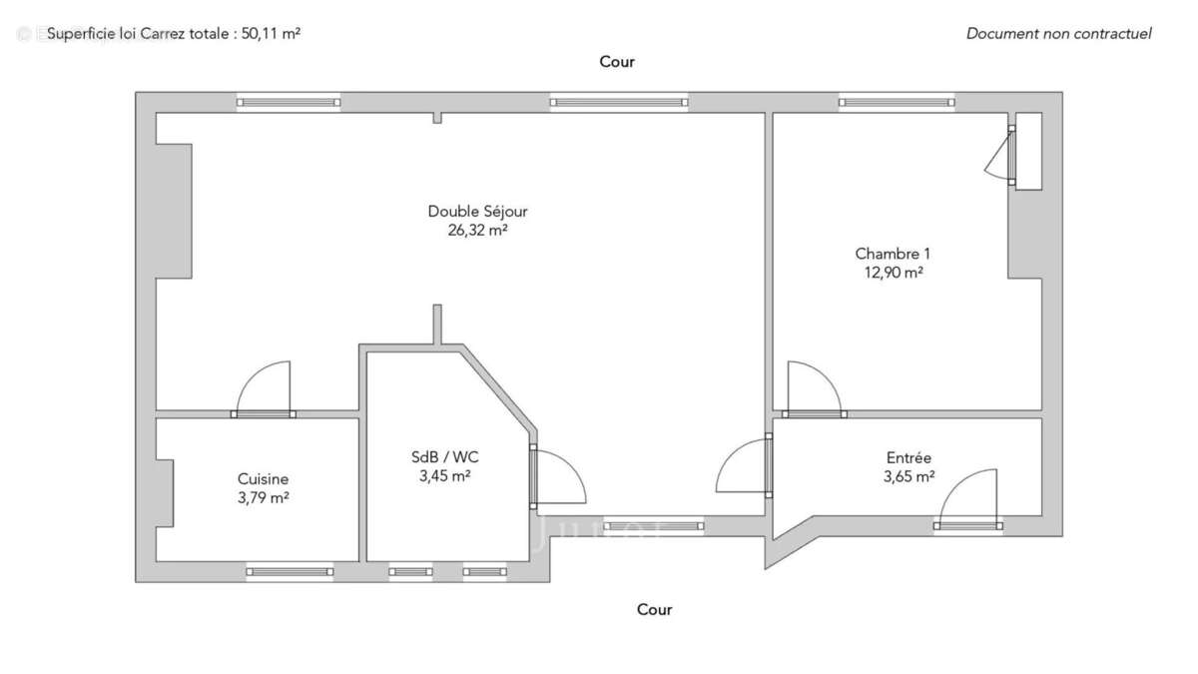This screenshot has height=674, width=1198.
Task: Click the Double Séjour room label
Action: [477, 211]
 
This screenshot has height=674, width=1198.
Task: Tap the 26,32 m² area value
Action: [477, 230]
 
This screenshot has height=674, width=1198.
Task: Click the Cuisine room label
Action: [264, 478]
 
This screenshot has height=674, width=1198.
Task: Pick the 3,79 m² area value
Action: [264, 497]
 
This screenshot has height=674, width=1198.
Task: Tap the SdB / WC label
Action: [445, 457]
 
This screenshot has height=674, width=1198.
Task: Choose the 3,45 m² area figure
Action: [445, 476]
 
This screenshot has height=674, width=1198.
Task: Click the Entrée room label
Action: [908, 457]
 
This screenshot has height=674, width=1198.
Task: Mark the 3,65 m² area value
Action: [908, 476]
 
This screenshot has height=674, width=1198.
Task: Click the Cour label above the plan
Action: [617, 62]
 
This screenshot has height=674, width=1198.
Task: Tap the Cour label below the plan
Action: [655, 609]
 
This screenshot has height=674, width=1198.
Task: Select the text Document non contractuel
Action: [1058, 33]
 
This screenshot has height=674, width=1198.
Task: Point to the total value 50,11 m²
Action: [271, 33]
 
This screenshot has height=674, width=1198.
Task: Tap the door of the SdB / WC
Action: [559, 477]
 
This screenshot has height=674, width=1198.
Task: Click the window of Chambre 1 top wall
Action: [897, 102]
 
